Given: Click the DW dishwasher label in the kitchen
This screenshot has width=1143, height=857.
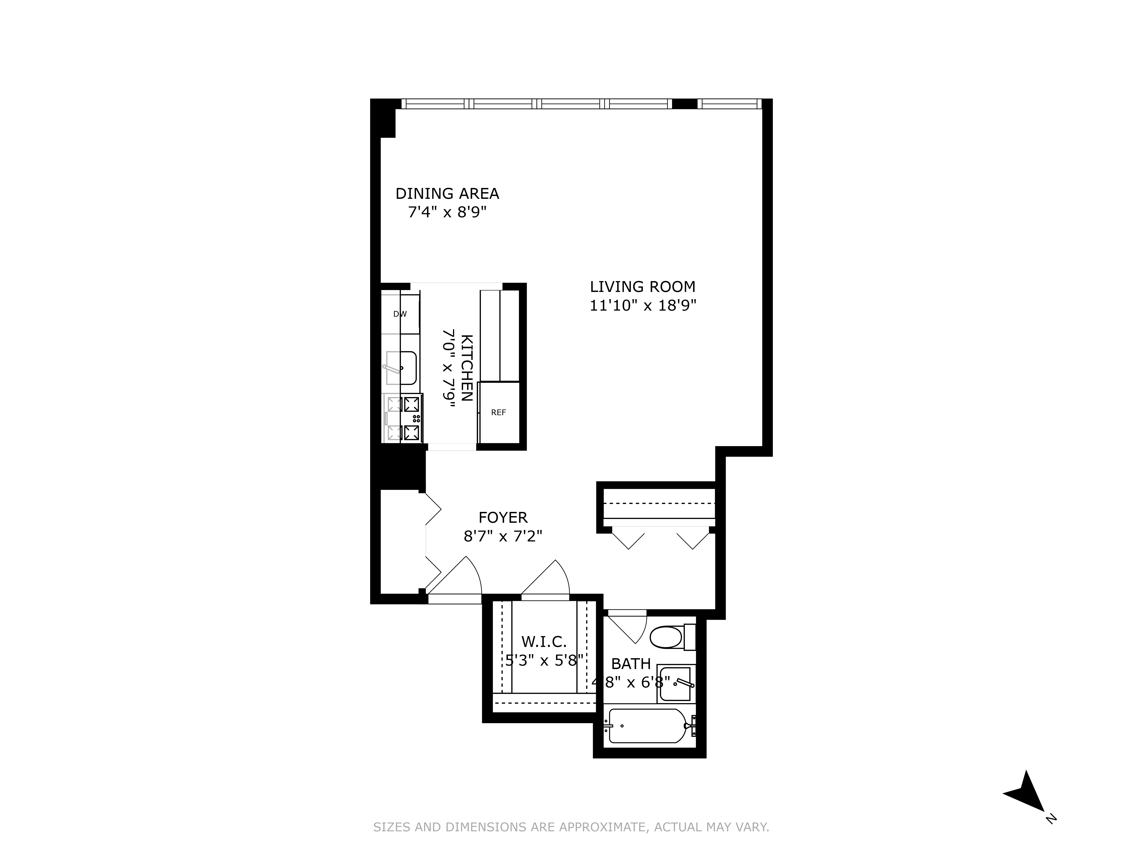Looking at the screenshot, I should (x=400, y=314).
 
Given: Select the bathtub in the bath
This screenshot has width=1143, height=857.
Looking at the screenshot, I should (x=648, y=726).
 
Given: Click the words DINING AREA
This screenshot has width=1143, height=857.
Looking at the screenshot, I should (x=447, y=194).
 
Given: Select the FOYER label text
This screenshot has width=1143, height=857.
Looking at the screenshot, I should (x=503, y=518).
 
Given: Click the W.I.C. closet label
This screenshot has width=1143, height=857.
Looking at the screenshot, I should (x=544, y=642).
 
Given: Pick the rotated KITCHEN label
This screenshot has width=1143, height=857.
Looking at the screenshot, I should (x=466, y=368).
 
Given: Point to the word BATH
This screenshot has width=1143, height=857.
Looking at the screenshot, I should (x=631, y=664).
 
